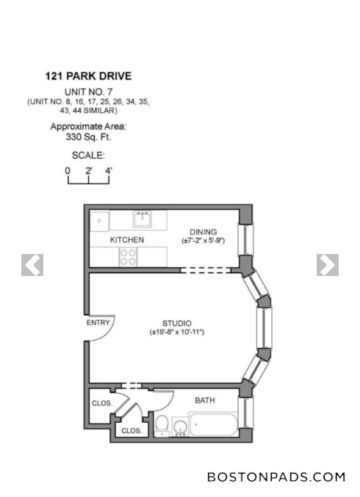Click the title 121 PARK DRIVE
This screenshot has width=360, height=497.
coord(88,76)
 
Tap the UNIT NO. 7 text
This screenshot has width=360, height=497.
coord(88,90)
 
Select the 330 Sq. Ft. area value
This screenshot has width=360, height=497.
coord(88,137)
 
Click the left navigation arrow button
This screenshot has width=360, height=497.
coord(32,265)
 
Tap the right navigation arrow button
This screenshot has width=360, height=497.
coord(328,265)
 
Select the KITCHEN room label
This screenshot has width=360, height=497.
coord(127,240)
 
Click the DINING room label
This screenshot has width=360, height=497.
coord(204,231)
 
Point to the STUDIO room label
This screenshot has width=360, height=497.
coord(177,323)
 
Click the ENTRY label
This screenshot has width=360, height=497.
coord(98,322)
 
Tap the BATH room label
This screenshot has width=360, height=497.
coord(205,401)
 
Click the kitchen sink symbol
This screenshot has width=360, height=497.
coord(143,218)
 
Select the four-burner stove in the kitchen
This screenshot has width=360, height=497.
coord(128,257)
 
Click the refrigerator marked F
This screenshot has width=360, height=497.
coord(98,221)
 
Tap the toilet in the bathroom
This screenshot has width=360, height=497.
coord(162,425)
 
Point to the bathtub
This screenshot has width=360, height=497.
coord(213,425)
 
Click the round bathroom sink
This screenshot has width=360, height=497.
coord(179,426)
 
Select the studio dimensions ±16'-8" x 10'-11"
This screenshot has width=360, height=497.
coord(177,333)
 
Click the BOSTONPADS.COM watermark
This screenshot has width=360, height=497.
coord(276,477)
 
